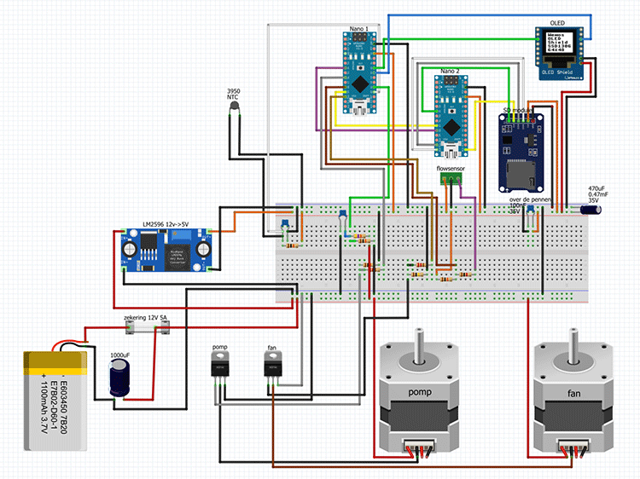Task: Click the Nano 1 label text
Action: point(359,29)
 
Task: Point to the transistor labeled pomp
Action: point(220,366)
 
